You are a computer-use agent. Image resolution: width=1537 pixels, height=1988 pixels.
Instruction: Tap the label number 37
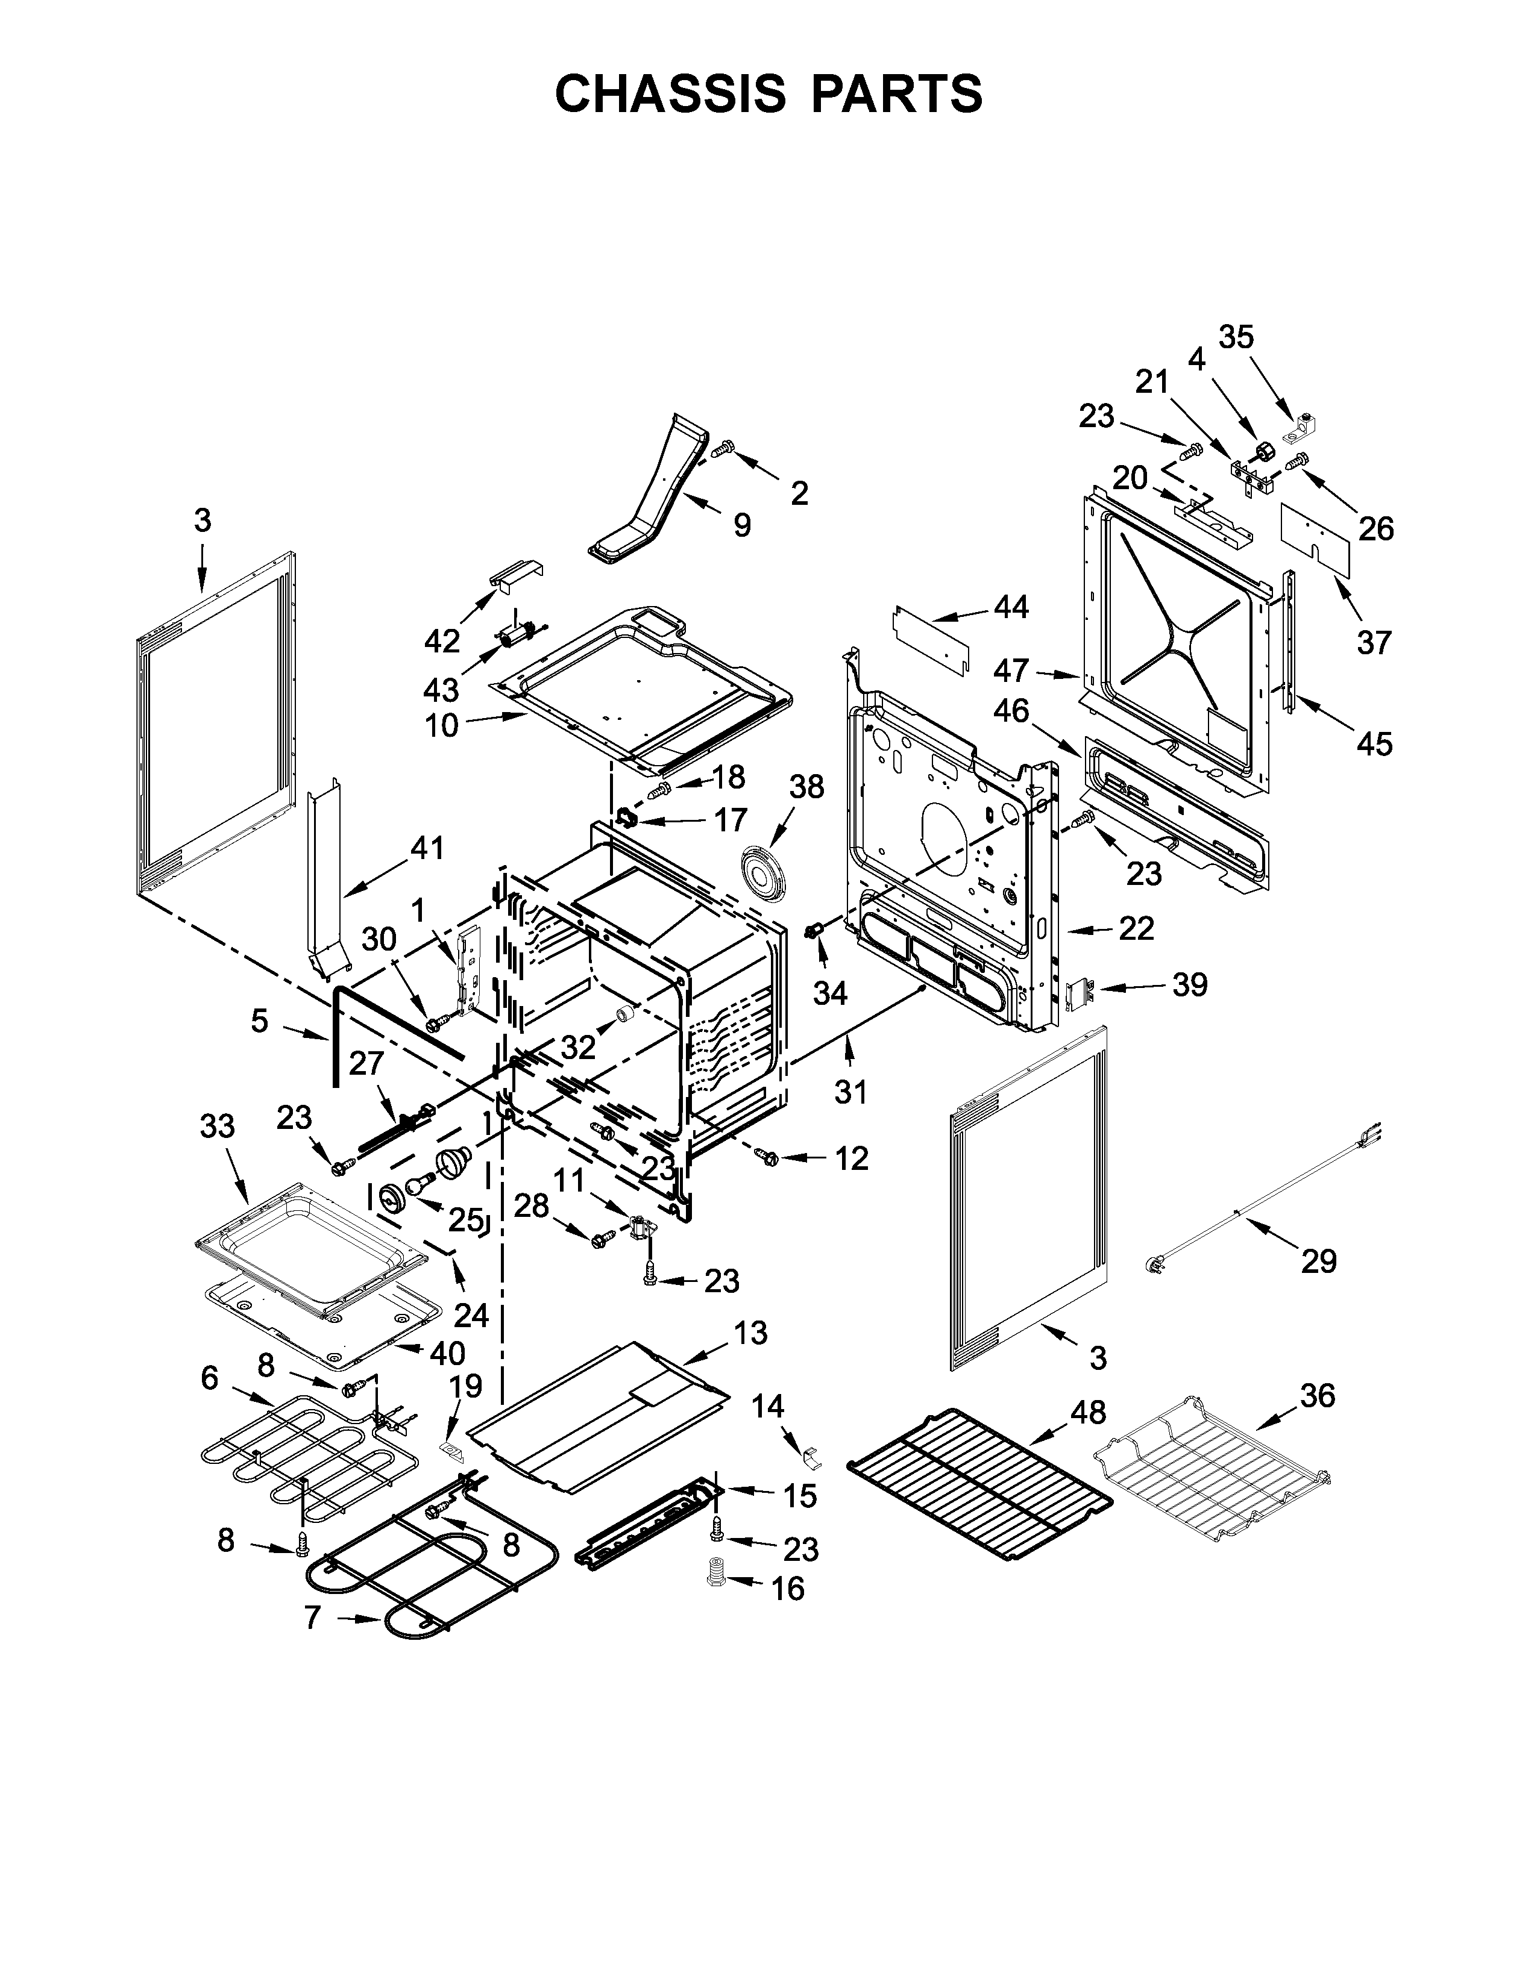pyautogui.click(x=1374, y=643)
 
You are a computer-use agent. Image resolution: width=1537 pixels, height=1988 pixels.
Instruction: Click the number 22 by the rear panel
pyautogui.click(x=1136, y=928)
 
